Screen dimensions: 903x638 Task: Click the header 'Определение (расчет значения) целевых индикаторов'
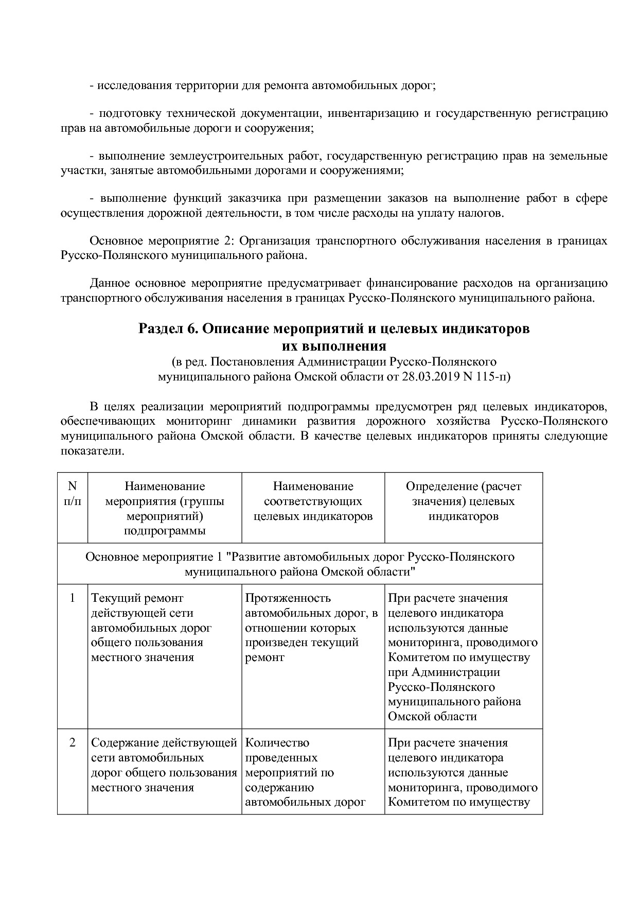point(463,501)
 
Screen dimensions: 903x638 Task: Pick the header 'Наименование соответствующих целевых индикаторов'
point(313,501)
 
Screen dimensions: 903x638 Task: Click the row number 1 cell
point(72,598)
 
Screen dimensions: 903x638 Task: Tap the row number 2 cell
point(72,743)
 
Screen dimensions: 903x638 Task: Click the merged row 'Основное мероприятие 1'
point(299,564)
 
